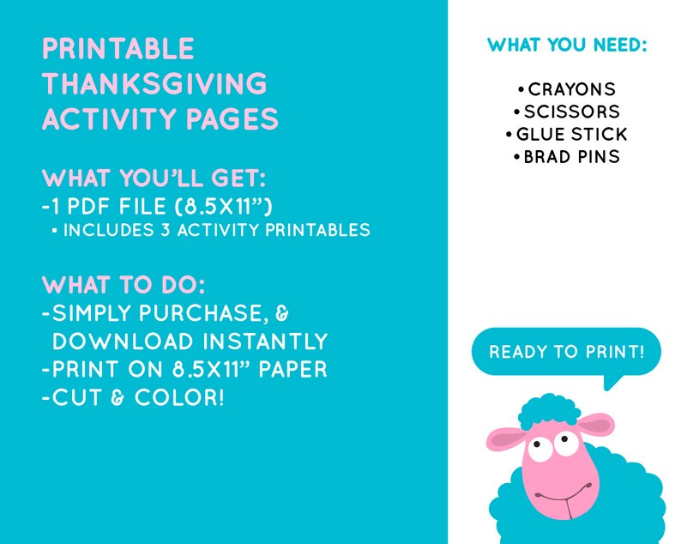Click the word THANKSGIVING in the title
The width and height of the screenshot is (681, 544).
coord(154,84)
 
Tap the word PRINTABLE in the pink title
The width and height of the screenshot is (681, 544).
coord(118,48)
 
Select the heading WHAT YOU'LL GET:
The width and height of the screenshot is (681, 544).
coord(154,180)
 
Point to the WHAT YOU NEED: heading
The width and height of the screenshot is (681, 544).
coord(567,45)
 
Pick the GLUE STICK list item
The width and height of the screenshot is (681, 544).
coord(571,135)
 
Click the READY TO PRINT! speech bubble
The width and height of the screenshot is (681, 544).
coord(566,352)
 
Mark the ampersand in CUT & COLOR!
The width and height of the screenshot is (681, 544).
coord(106,399)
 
